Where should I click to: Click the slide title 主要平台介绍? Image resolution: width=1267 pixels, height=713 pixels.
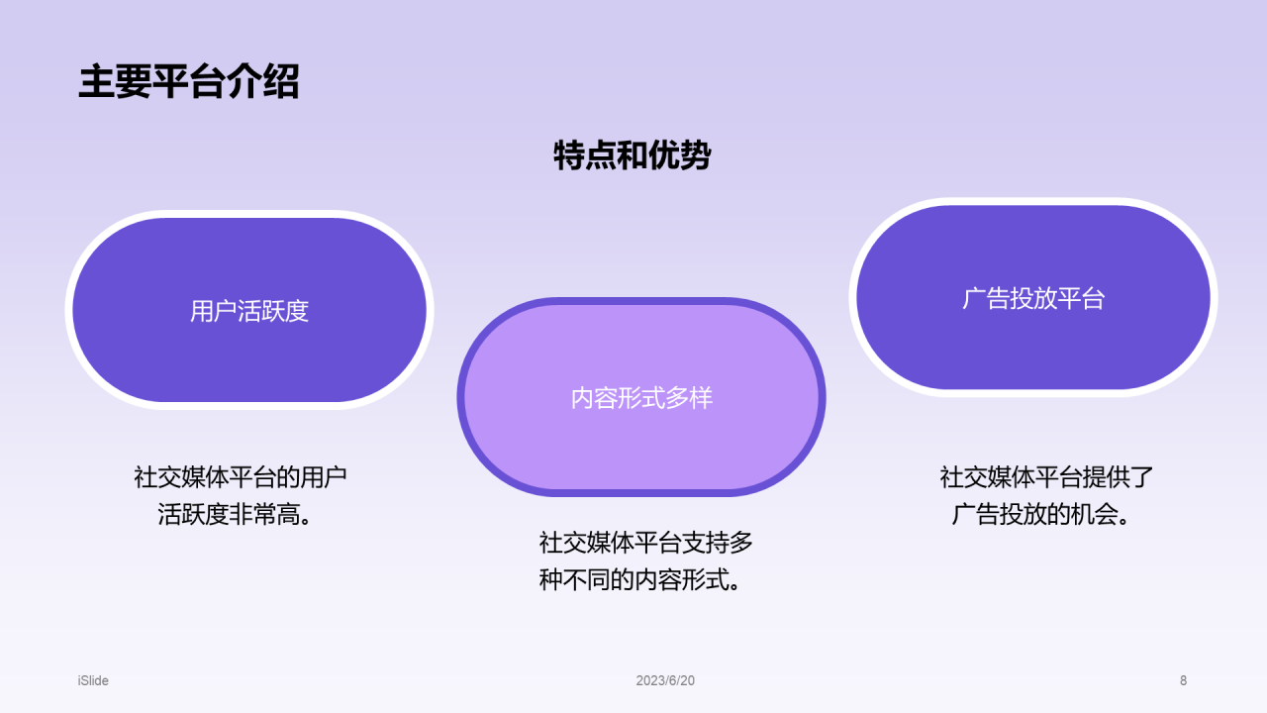coord(188,82)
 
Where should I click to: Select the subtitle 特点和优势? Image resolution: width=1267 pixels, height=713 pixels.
coord(632,155)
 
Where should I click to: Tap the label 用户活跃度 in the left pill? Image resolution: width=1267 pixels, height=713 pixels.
coord(249,311)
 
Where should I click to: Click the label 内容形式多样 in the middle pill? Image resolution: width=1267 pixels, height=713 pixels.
coord(641,398)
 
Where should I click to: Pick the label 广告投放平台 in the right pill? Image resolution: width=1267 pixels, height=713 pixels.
coord(1033,299)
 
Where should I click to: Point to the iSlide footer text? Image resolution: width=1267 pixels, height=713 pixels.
coord(93,680)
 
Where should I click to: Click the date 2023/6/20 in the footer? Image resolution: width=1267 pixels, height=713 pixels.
coord(665,680)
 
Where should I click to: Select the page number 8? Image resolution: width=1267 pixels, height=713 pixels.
coord(1183,680)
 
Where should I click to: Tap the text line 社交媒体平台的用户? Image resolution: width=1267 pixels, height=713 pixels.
coord(241,477)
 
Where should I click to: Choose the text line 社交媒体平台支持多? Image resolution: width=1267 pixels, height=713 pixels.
coord(645,543)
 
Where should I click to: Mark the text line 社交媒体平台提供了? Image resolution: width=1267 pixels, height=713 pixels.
coord(1046,477)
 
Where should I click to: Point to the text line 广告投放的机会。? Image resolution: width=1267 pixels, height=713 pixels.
coord(1040,515)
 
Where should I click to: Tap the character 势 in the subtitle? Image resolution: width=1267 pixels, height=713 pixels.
coord(695,155)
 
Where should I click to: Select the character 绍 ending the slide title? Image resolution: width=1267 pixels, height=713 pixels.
coord(281,82)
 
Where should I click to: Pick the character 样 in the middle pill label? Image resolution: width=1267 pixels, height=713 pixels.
coord(701,398)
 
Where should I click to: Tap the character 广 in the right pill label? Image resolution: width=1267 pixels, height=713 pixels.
coord(974,299)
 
